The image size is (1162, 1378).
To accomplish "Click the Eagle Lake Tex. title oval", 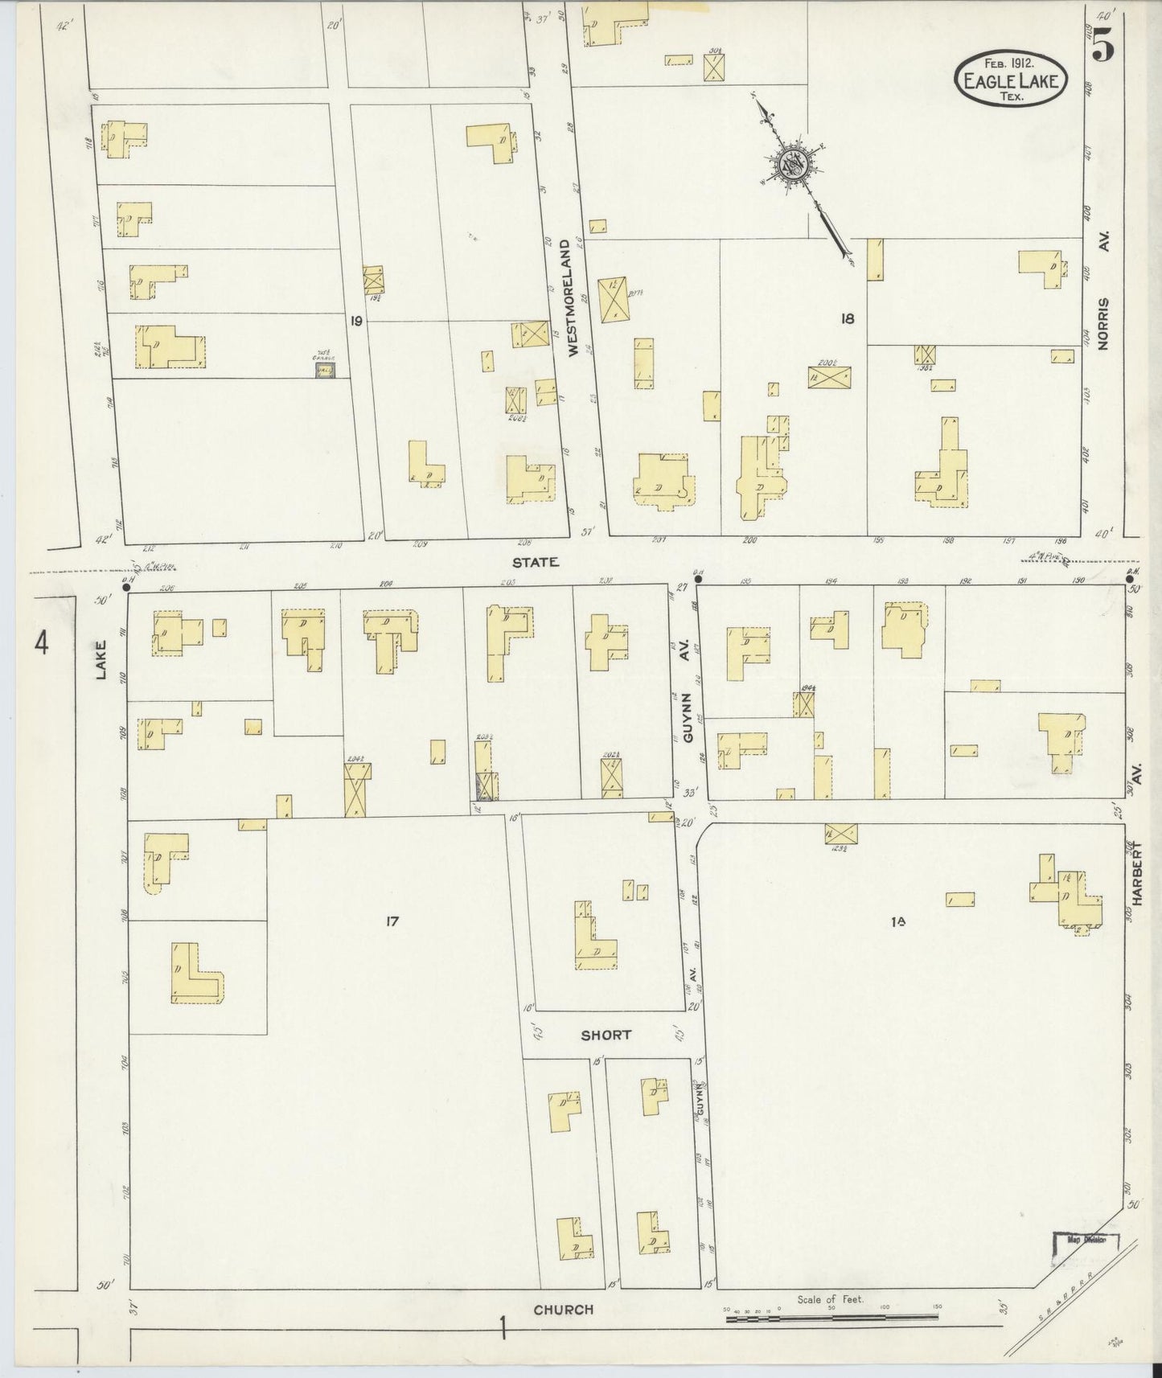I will [x=1011, y=79].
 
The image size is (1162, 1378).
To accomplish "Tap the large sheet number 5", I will [x=1103, y=49].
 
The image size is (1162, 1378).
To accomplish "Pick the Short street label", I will [x=606, y=1035].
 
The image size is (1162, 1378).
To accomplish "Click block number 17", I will [x=392, y=921].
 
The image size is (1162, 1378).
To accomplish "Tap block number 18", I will [x=847, y=318].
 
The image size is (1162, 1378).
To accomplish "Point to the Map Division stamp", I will [x=1086, y=1263].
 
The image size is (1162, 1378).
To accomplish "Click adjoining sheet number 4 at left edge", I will [x=42, y=643].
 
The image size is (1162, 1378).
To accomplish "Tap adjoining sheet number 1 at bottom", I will [x=503, y=1330].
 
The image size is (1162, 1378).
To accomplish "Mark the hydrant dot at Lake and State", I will [x=126, y=588].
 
